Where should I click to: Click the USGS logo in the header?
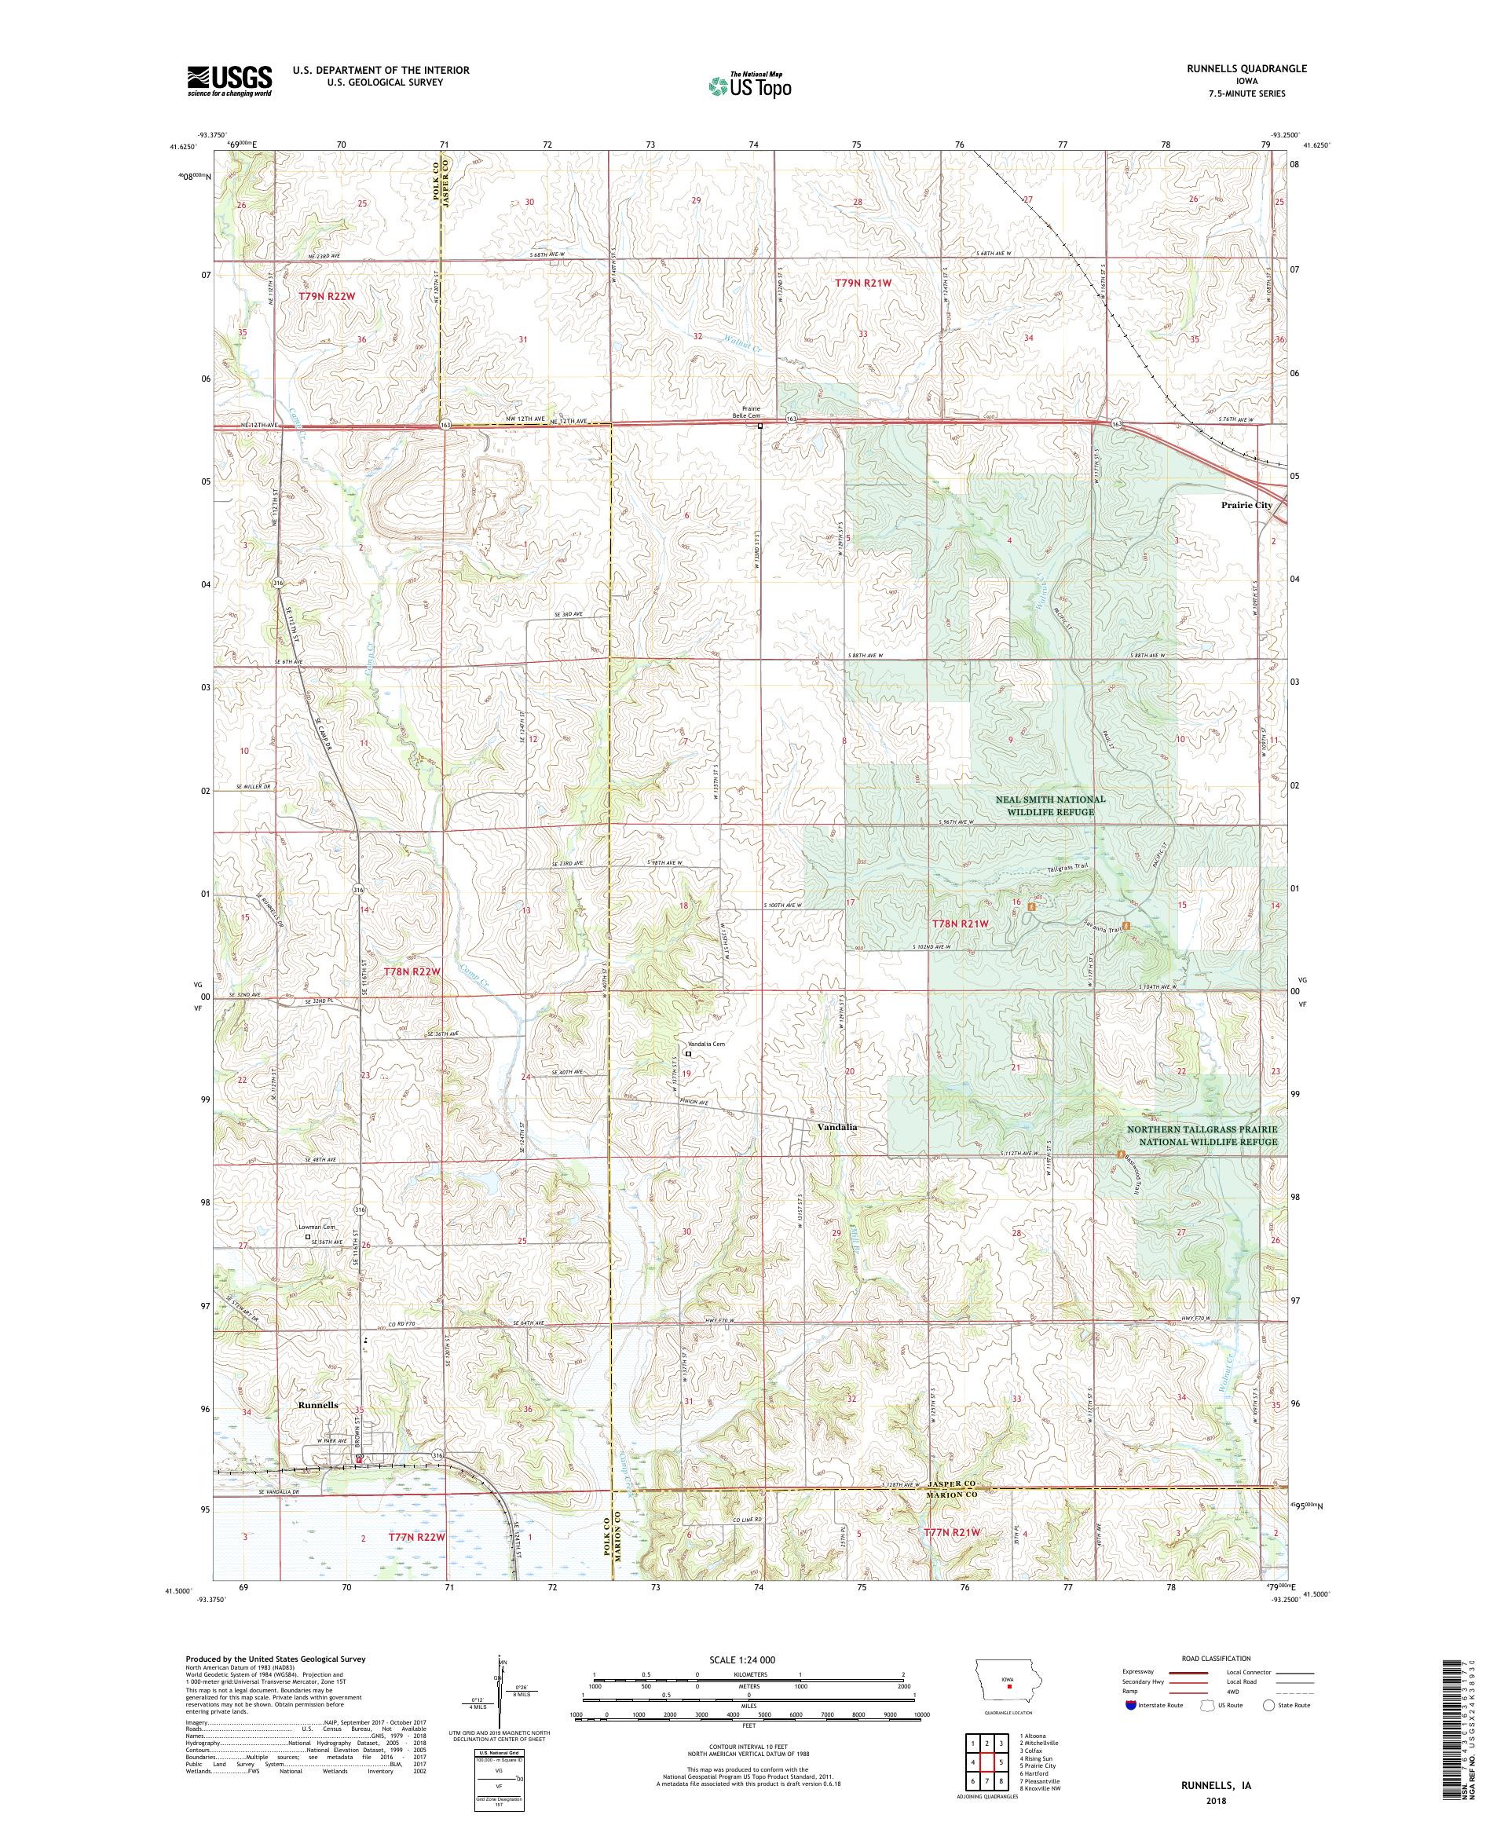coord(229,82)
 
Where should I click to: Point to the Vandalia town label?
coord(836,1127)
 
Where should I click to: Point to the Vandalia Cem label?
coord(705,1044)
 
